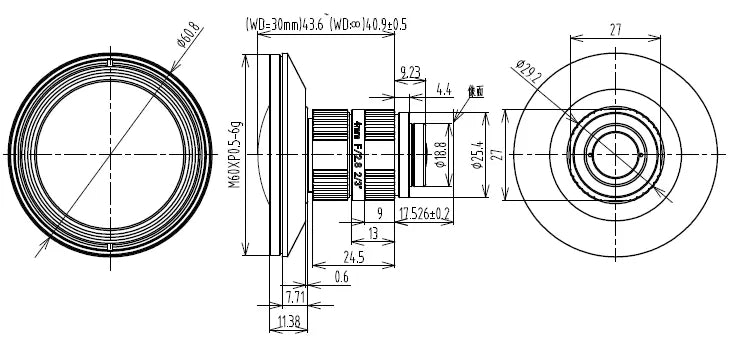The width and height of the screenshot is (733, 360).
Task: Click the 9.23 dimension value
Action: [408, 70]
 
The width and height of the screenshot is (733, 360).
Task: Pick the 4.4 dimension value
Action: [443, 90]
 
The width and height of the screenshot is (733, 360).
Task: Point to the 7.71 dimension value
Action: [295, 298]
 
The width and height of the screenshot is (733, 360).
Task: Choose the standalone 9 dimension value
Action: [380, 213]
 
